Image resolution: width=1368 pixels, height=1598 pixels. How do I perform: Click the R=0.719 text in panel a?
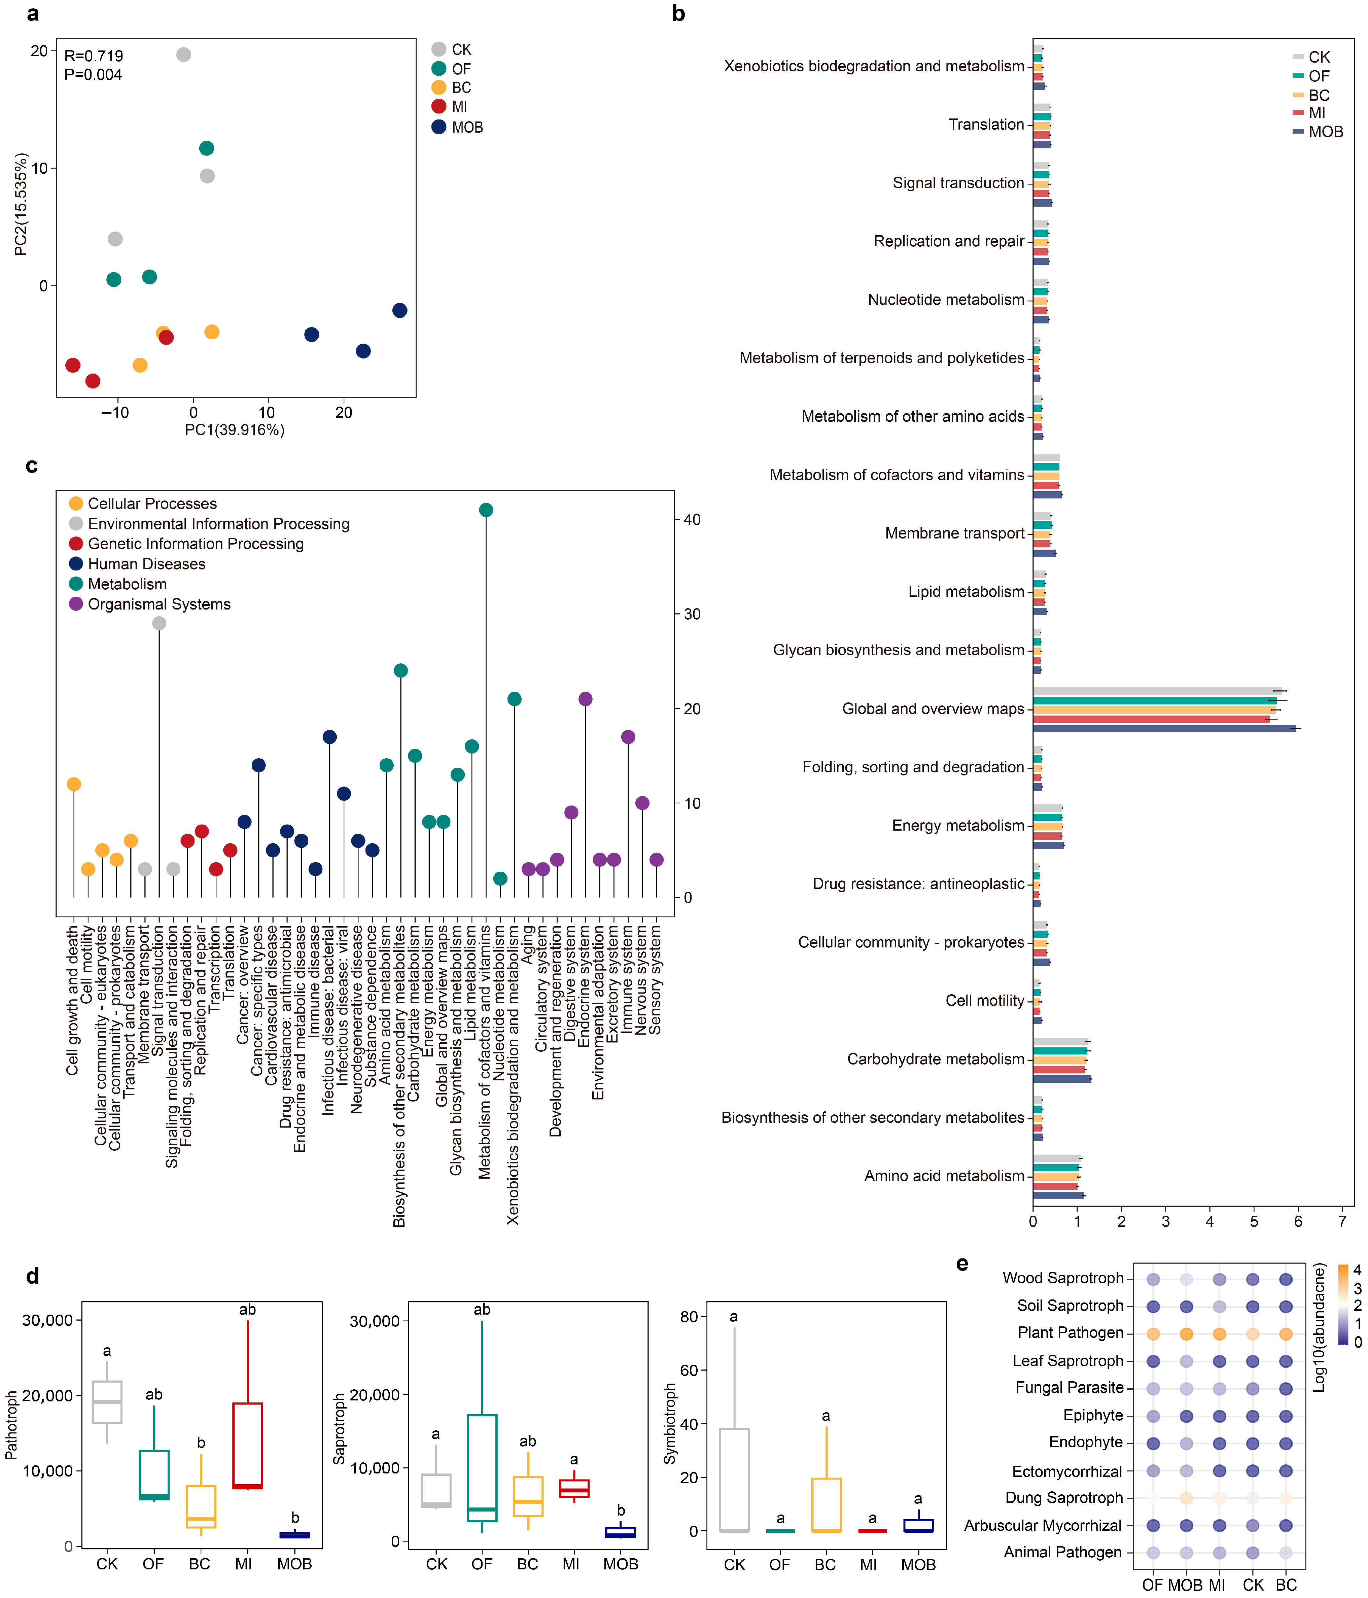coord(93,56)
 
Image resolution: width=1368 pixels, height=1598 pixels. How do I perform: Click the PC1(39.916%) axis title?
coord(235,429)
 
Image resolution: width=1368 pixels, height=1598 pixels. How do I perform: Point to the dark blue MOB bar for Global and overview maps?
coord(1164,728)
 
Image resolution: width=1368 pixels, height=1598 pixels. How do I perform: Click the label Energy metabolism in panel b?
coord(958,825)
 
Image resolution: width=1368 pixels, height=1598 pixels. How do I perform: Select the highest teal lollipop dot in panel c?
coord(486,510)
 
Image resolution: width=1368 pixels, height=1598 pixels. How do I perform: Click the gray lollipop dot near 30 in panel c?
coord(159,623)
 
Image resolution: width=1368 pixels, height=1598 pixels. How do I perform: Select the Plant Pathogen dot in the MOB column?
coord(1187,1333)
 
